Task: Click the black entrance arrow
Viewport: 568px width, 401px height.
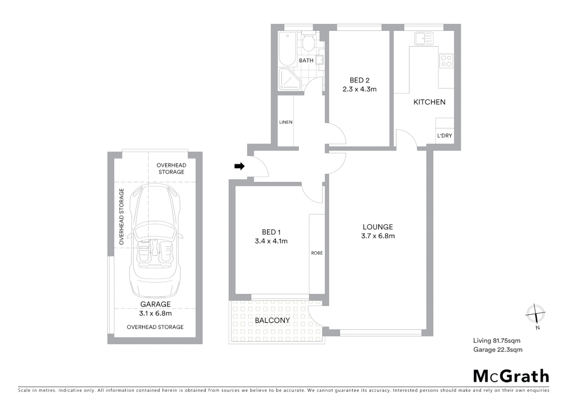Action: point(239,166)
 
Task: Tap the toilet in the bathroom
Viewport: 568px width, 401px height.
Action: point(308,43)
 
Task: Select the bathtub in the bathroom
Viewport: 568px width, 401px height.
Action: point(287,48)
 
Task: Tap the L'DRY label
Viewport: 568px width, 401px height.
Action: point(445,136)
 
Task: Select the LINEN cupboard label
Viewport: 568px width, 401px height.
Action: point(286,122)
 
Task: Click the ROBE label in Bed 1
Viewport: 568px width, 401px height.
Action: point(317,253)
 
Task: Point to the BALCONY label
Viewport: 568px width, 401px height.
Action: point(272,320)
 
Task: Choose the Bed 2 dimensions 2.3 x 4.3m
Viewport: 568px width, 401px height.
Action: point(359,89)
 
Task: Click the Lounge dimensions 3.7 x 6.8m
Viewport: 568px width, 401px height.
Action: point(378,236)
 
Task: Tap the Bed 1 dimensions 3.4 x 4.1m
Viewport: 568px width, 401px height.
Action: point(271,241)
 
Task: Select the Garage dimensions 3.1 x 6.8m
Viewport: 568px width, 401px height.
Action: point(155,313)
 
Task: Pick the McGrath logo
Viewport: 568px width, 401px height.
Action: point(511,376)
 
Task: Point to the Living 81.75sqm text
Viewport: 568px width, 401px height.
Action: point(497,340)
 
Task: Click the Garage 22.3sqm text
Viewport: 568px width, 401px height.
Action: point(498,349)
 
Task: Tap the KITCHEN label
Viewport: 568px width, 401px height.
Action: point(429,102)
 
